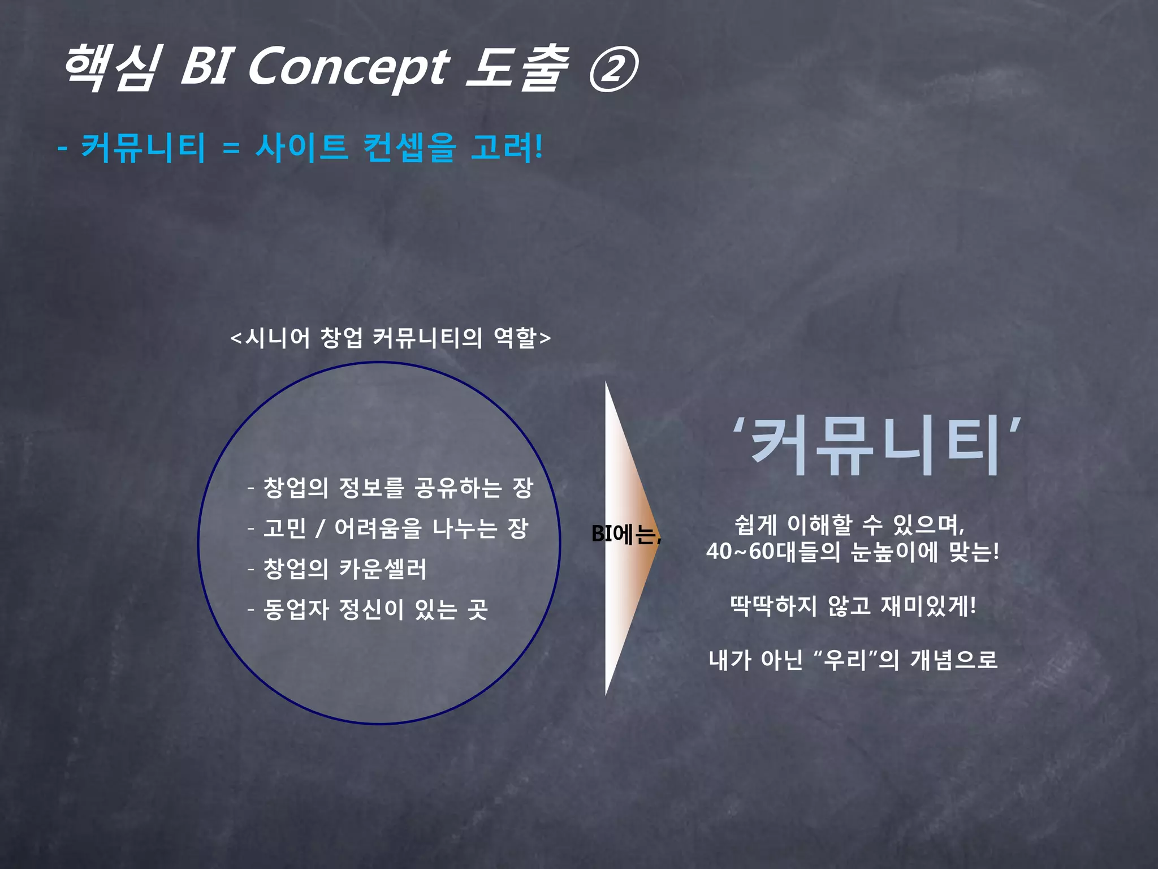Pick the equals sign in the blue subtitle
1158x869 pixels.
(x=231, y=149)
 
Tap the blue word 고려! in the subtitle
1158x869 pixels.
(x=507, y=148)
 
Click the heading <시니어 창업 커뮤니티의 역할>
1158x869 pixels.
(x=390, y=338)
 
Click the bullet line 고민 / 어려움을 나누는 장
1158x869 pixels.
(x=395, y=528)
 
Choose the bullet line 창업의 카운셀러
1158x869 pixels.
(x=344, y=569)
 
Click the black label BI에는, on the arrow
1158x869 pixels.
(x=625, y=534)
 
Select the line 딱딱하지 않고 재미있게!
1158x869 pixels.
(x=853, y=606)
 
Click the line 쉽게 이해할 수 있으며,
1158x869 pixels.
(x=849, y=524)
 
